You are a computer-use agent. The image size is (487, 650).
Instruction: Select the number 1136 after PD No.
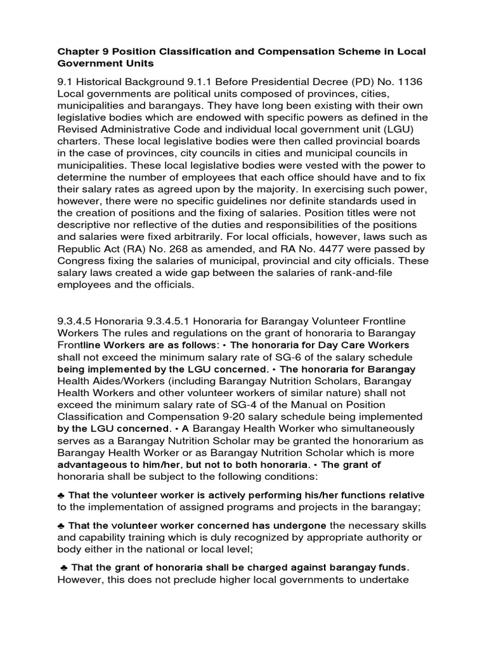pyautogui.click(x=403, y=83)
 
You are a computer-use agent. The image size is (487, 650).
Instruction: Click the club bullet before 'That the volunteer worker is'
pyautogui.click(x=61, y=495)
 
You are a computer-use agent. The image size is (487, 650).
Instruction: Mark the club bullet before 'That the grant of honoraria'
pyautogui.click(x=64, y=567)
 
